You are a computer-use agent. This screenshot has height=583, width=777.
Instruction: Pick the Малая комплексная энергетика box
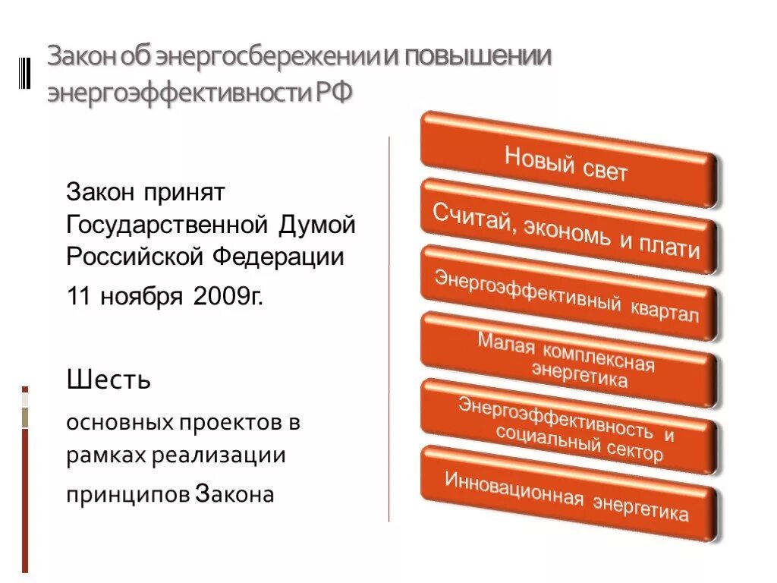(x=568, y=360)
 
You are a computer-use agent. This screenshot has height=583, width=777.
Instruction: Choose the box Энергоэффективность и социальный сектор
(x=568, y=427)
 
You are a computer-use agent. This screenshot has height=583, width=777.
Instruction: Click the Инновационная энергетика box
(x=568, y=494)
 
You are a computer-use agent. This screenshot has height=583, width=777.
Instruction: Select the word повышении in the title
(x=475, y=58)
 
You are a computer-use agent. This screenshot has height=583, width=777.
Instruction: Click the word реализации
(x=218, y=456)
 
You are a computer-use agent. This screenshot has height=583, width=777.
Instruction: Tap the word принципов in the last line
(x=127, y=494)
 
